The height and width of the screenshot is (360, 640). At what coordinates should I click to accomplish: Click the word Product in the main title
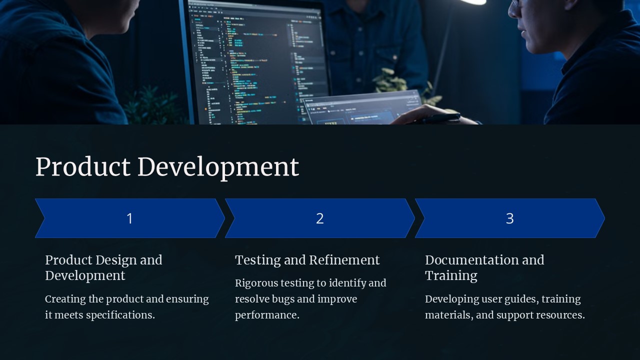click(x=83, y=167)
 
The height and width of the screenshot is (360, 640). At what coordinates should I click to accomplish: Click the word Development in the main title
click(x=218, y=168)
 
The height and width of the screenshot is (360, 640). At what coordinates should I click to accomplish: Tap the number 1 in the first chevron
click(x=129, y=218)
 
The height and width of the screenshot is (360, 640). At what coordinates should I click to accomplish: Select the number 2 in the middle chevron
click(x=319, y=218)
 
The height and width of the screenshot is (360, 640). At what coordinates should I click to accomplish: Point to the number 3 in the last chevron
click(x=509, y=218)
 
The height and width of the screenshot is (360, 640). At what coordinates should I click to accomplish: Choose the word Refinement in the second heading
click(x=344, y=260)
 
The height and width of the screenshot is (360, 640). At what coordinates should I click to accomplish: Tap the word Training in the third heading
click(x=451, y=276)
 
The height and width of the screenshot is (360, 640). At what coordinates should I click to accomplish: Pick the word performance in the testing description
click(x=267, y=315)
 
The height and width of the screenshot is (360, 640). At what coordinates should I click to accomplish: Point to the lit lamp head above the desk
click(x=473, y=2)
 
